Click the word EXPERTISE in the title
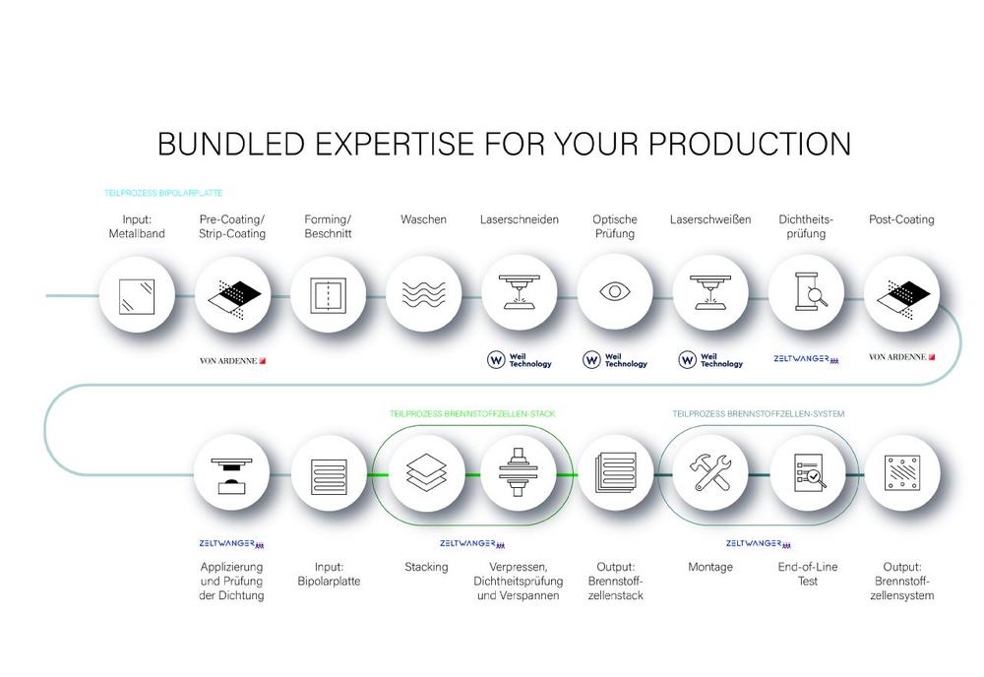click(x=395, y=144)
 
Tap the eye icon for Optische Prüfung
click(x=615, y=291)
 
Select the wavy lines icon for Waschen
click(x=423, y=293)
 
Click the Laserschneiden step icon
click(x=520, y=292)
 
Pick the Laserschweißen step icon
click(x=710, y=292)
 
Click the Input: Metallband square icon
click(x=137, y=296)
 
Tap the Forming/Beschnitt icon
click(x=329, y=296)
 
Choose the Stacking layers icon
click(x=427, y=471)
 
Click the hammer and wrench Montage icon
click(x=710, y=471)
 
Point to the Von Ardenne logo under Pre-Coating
click(x=233, y=361)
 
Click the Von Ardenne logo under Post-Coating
click(x=901, y=357)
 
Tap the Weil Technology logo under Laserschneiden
click(x=520, y=360)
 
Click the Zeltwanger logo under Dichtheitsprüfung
click(x=806, y=359)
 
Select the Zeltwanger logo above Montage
click(x=758, y=543)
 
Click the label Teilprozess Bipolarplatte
click(x=163, y=193)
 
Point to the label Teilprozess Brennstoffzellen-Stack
click(x=472, y=414)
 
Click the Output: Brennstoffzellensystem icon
click(x=901, y=472)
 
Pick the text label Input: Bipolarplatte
click(x=329, y=574)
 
